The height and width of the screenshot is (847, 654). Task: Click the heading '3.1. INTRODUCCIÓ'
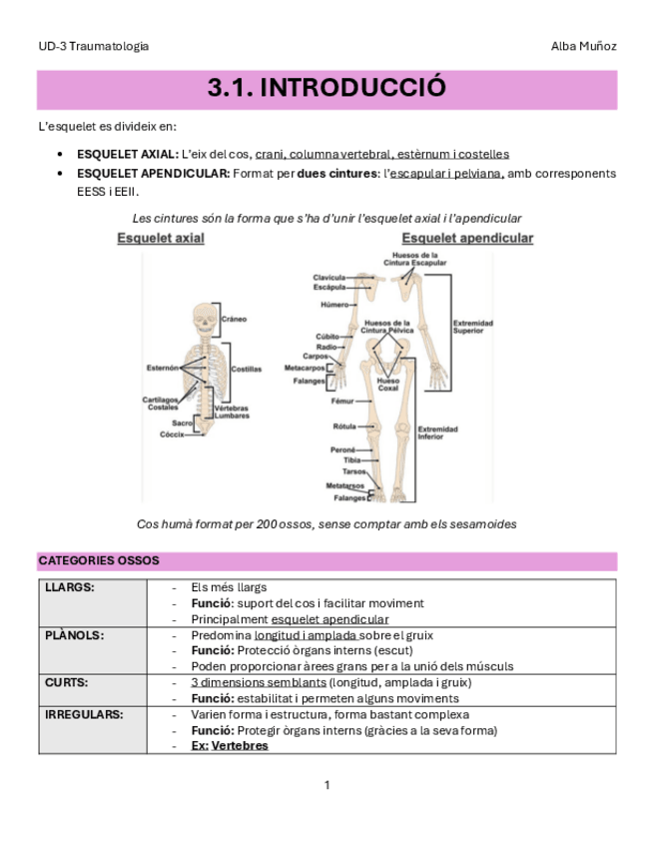pyautogui.click(x=327, y=89)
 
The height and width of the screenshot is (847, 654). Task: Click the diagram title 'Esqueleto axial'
pyautogui.click(x=161, y=239)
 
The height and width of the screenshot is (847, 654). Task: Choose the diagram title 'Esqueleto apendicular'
pyautogui.click(x=467, y=239)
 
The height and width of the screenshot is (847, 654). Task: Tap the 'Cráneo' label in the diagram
pyautogui.click(x=234, y=319)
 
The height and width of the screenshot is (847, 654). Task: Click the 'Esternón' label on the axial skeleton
pyautogui.click(x=162, y=368)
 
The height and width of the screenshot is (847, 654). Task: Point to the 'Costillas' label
pyautogui.click(x=247, y=369)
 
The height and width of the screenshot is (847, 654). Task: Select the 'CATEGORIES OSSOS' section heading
pyautogui.click(x=98, y=560)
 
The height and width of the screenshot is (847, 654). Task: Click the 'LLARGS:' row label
pyautogui.click(x=71, y=587)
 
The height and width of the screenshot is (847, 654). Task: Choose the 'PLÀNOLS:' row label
pyautogui.click(x=75, y=634)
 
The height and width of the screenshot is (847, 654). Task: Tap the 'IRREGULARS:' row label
pyautogui.click(x=84, y=714)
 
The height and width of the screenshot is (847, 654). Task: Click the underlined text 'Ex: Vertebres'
pyautogui.click(x=230, y=745)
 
